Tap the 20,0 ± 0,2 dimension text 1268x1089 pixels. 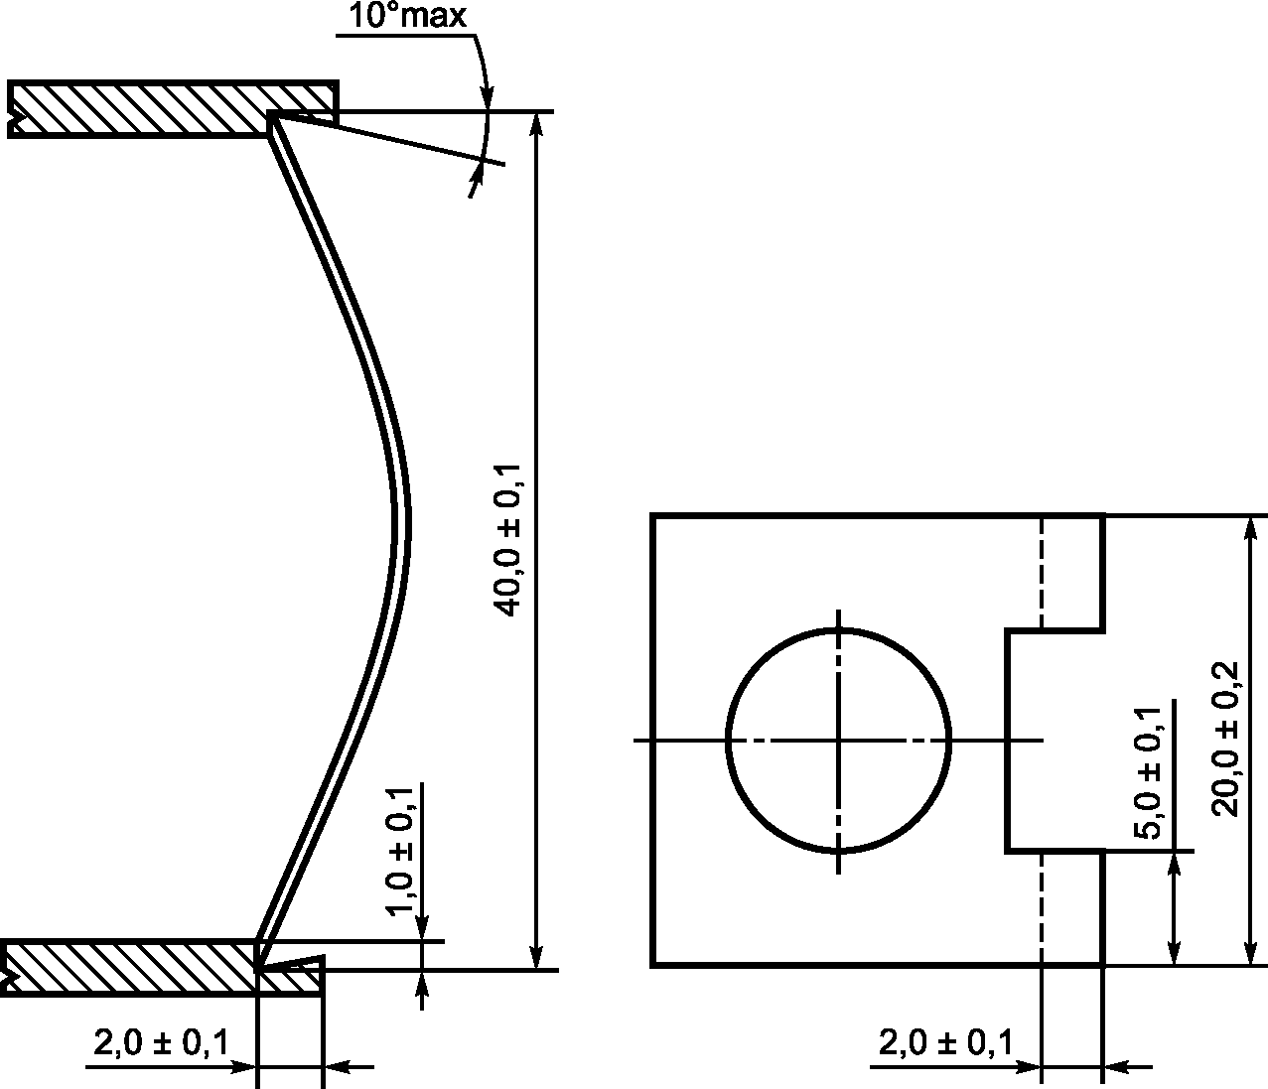pyautogui.click(x=1224, y=740)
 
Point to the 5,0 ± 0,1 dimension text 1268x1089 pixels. pyautogui.click(x=1147, y=773)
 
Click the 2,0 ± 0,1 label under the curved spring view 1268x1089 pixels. pyautogui.click(x=161, y=1042)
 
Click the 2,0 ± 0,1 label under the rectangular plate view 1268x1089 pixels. pyautogui.click(x=946, y=1042)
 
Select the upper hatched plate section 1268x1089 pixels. pyautogui.click(x=173, y=109)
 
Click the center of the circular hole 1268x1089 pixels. pyautogui.click(x=839, y=741)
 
